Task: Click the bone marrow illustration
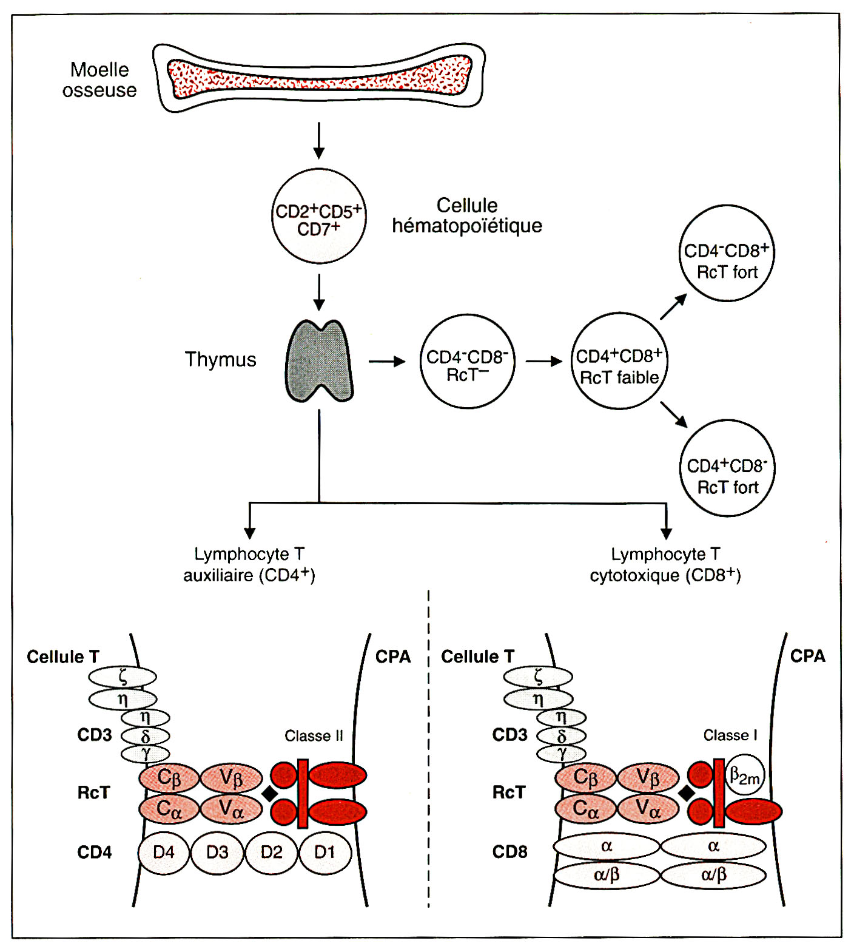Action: [319, 77]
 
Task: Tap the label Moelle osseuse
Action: [99, 79]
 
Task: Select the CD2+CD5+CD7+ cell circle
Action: [318, 217]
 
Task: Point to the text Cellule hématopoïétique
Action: [466, 215]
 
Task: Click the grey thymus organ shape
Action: [319, 361]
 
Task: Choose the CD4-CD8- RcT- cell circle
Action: [467, 362]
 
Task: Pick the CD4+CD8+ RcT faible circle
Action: [619, 362]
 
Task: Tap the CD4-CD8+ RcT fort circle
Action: [726, 254]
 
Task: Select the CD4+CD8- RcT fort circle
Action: [727, 468]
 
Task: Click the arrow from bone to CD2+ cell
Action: [318, 140]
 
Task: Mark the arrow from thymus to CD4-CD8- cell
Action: [387, 362]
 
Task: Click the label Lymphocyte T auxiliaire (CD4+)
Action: [249, 564]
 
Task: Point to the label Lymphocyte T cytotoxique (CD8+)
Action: [665, 564]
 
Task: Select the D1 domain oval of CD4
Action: [325, 853]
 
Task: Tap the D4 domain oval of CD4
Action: [164, 853]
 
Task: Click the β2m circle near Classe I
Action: [744, 775]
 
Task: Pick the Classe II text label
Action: [314, 736]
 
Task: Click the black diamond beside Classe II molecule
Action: [269, 793]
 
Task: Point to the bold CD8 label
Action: [509, 852]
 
